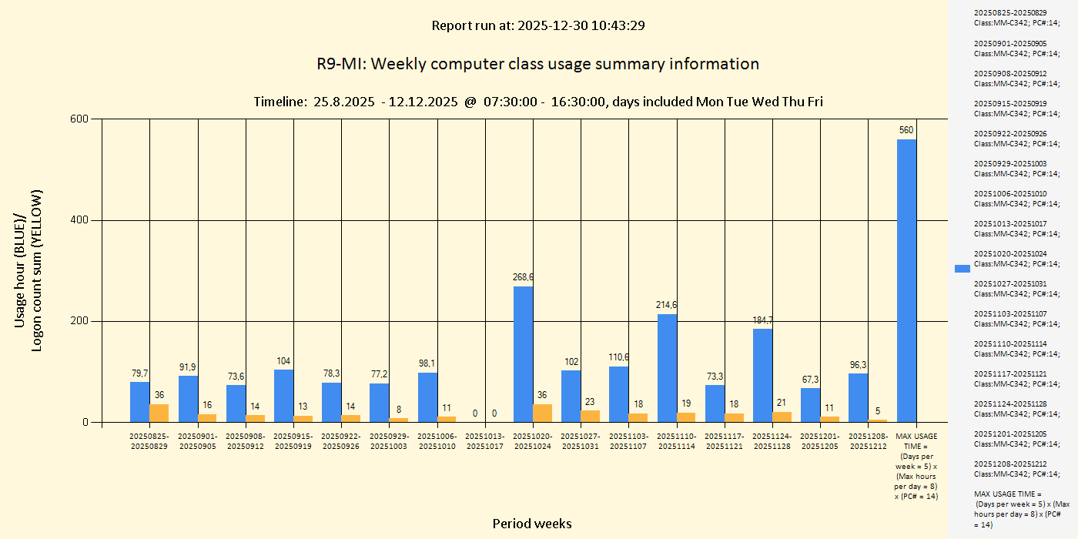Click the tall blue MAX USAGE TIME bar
[x=906, y=280]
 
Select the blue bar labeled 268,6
[x=523, y=354]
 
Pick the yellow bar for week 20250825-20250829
[x=159, y=413]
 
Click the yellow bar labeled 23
[x=590, y=417]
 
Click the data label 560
[x=906, y=130]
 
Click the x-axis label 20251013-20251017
[x=485, y=441]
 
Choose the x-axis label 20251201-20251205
[x=820, y=441]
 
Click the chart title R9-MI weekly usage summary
[x=537, y=64]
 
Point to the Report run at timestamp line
[x=537, y=25]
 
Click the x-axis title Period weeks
[x=532, y=524]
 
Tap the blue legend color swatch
[x=962, y=268]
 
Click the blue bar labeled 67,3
[x=810, y=405]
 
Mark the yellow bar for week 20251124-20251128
[x=782, y=417]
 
